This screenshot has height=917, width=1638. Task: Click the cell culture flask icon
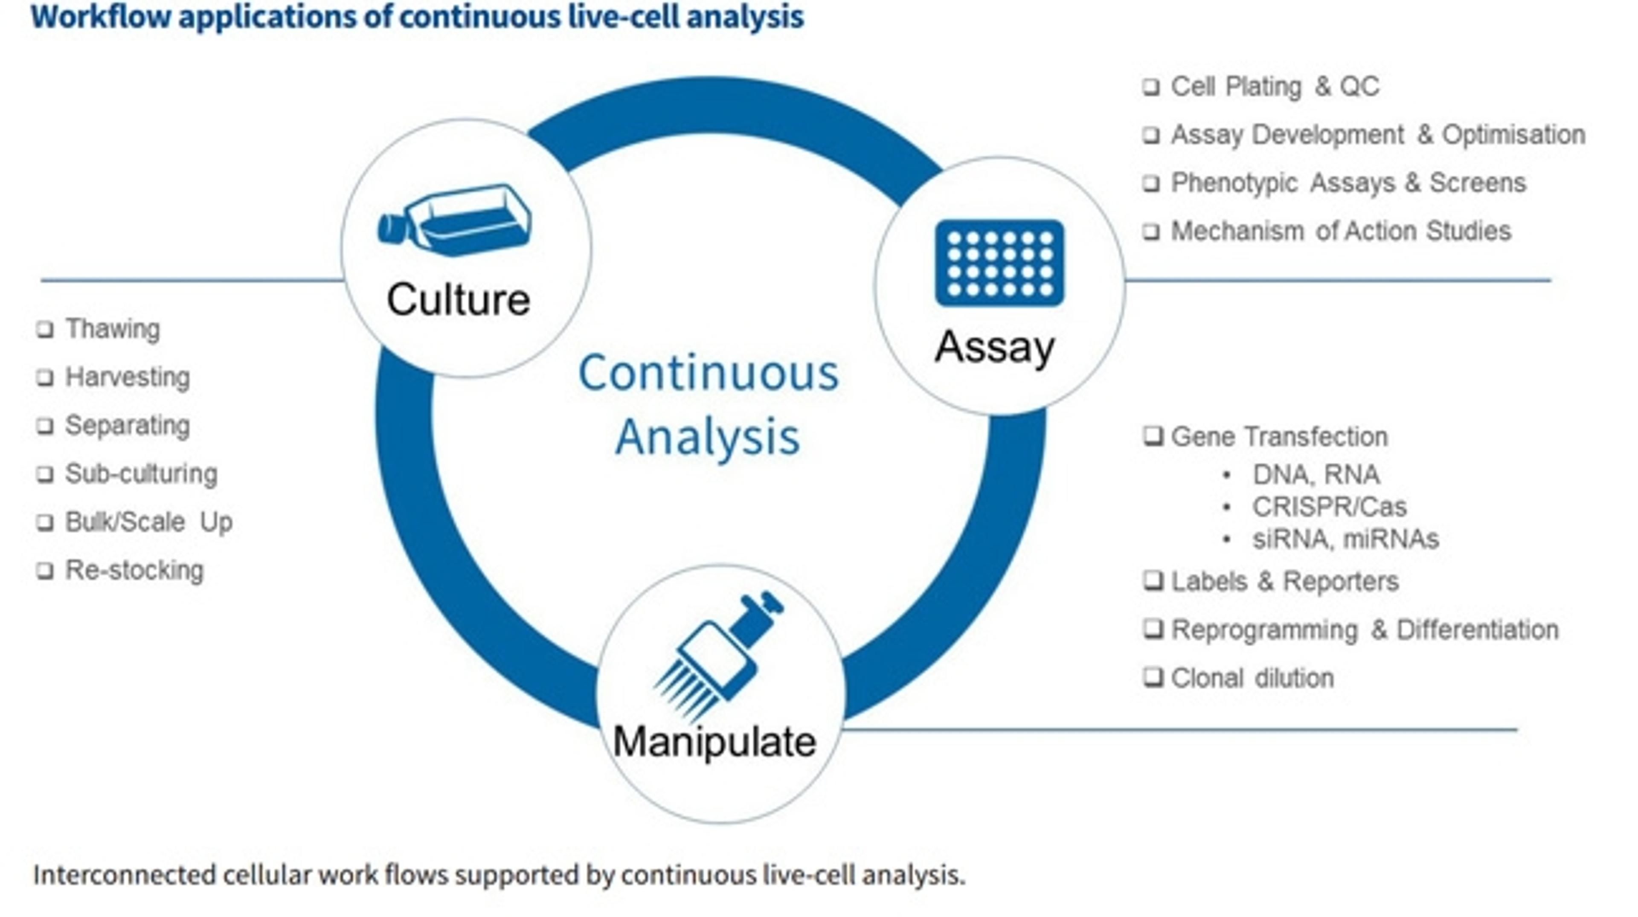[x=455, y=220]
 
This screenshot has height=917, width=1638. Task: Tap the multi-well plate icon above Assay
[x=999, y=263]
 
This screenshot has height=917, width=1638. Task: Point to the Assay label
[x=994, y=347]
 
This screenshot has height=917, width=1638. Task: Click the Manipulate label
[x=714, y=741]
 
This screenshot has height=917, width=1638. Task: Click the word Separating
[x=127, y=425]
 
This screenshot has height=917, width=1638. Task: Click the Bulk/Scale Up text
[x=149, y=522]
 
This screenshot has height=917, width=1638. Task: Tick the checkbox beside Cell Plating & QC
[x=1151, y=87]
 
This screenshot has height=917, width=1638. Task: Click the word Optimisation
[x=1513, y=135]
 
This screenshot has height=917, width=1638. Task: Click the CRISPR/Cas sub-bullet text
[x=1329, y=507]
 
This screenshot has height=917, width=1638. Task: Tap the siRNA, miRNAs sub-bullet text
[x=1345, y=539]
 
